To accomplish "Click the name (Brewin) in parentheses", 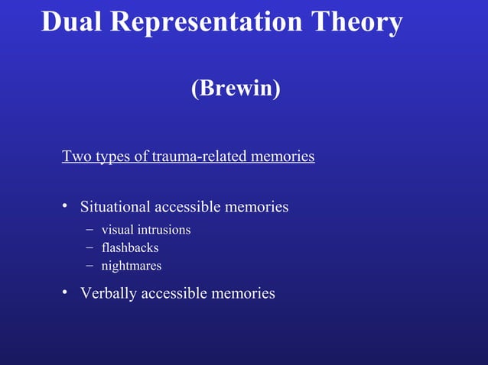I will click(236, 89).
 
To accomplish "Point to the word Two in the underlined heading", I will click(75, 157).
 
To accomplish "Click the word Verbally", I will click(109, 293).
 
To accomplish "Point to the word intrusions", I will click(163, 230).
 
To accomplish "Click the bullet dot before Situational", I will click(66, 207).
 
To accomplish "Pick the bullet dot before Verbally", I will click(66, 293).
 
